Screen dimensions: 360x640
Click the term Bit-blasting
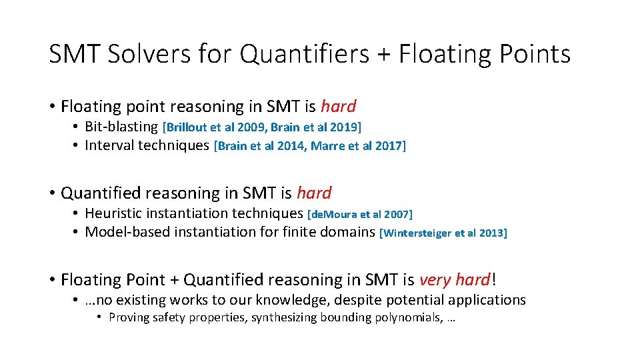point(122,127)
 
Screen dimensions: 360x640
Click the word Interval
point(109,145)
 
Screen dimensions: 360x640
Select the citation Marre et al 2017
point(356,146)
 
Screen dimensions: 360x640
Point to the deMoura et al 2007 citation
point(360,214)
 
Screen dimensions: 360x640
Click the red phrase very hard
point(455,280)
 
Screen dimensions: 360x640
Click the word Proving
point(129,317)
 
